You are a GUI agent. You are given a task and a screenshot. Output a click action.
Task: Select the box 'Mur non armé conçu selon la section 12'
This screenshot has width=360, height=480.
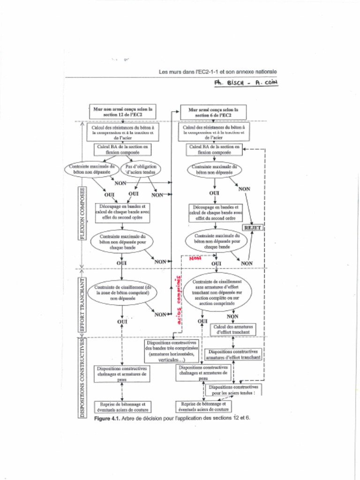(x=123, y=112)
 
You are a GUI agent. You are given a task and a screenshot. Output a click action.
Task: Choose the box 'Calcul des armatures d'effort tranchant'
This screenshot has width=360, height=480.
(x=233, y=329)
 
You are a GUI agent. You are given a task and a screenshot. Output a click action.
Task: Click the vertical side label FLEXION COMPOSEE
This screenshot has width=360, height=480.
(x=82, y=213)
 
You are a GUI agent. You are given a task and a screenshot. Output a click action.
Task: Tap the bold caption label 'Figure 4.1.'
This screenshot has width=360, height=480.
(x=107, y=418)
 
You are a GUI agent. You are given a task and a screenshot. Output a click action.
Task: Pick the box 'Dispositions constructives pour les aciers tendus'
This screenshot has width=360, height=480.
(x=233, y=390)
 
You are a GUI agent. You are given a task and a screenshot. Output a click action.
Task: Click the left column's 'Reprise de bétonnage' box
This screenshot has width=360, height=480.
(x=122, y=406)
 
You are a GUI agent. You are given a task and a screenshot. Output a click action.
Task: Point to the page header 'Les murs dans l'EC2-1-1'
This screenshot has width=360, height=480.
(x=217, y=72)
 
